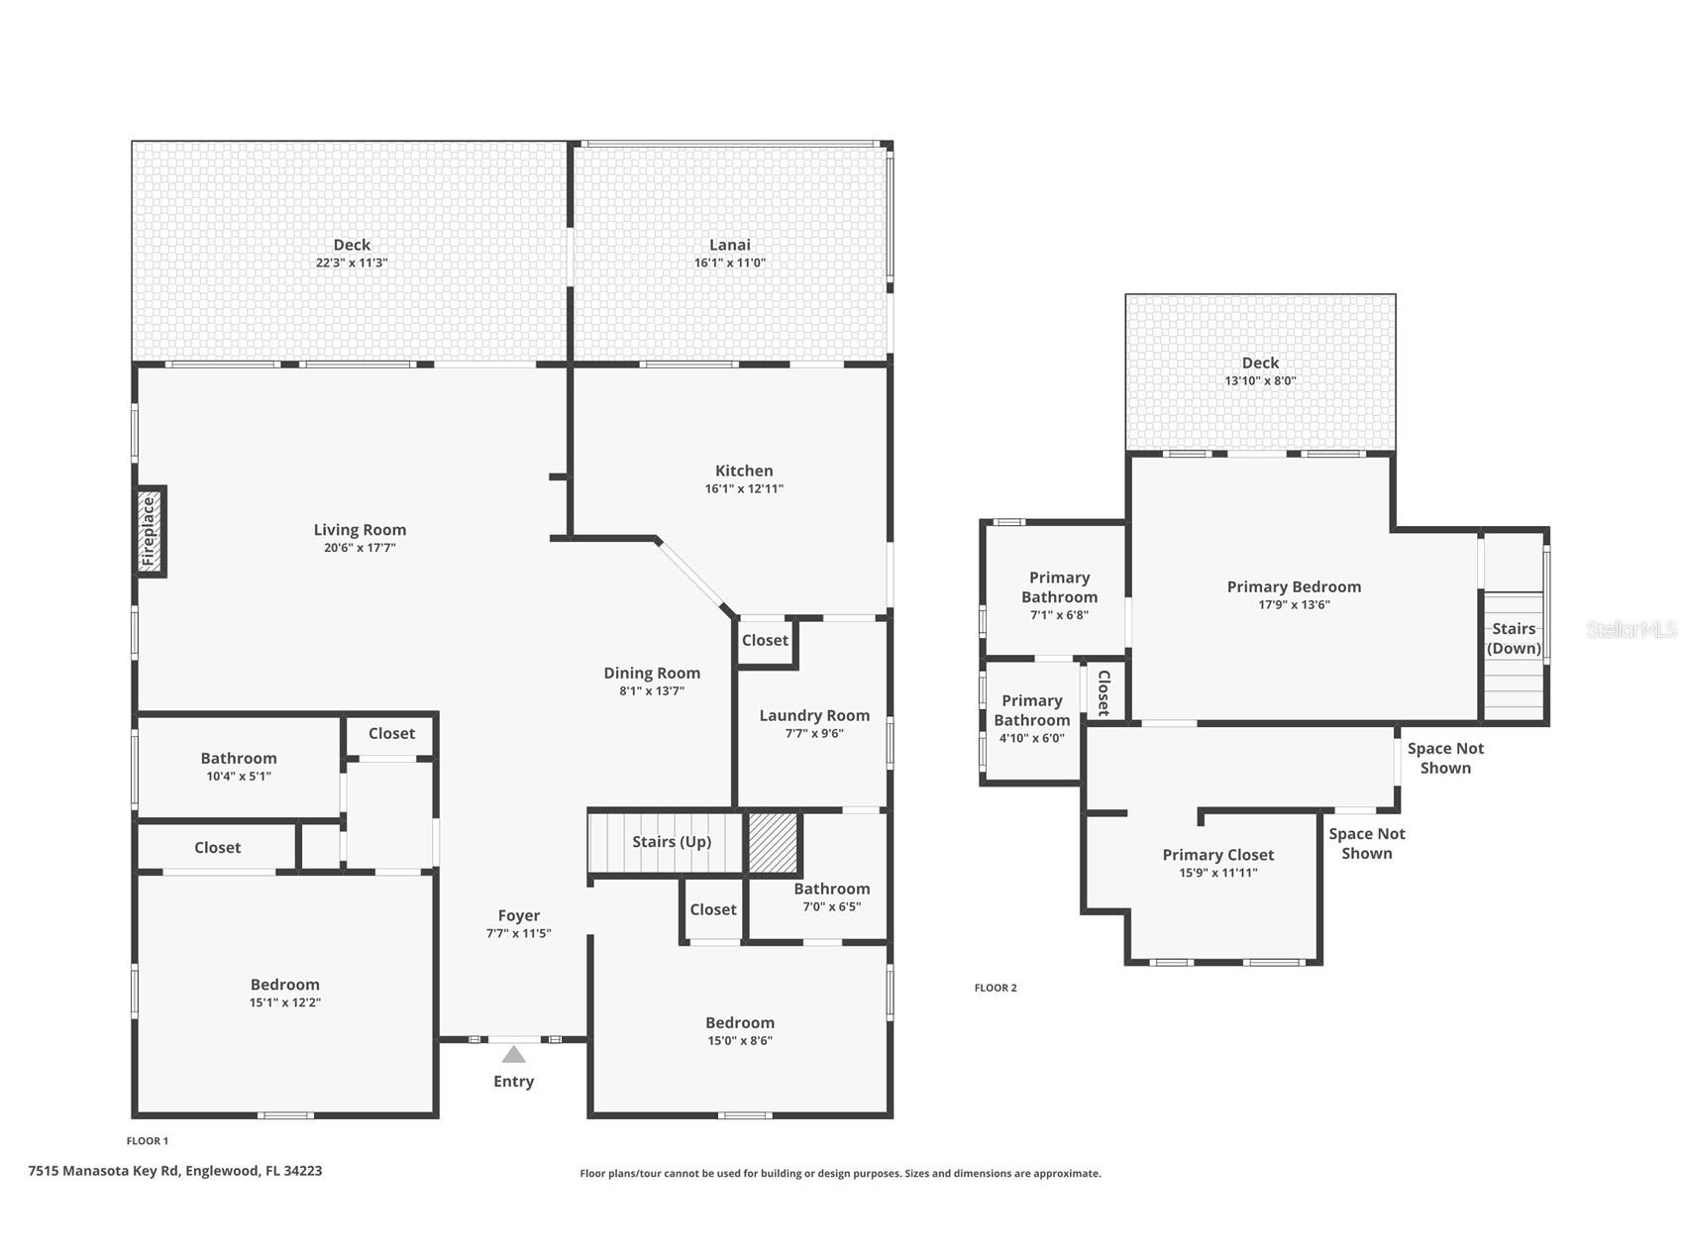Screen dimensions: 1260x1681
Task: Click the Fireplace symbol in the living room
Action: [150, 531]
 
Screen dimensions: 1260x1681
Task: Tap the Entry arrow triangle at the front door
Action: [513, 1055]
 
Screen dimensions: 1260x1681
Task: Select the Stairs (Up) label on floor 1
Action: [672, 842]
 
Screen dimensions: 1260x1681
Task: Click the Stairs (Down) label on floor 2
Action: [1514, 638]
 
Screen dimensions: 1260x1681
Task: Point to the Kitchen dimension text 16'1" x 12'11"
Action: [744, 488]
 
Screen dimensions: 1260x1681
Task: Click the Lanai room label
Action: [730, 245]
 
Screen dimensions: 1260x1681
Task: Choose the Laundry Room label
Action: [814, 715]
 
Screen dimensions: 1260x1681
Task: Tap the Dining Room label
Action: [652, 673]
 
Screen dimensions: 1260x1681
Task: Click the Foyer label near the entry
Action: [519, 915]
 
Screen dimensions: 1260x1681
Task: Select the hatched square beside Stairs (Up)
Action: [772, 843]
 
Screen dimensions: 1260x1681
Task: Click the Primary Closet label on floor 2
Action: [1217, 855]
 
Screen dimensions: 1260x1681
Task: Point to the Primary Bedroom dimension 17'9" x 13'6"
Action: [1294, 604]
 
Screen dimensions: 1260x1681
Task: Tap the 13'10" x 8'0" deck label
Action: [1260, 380]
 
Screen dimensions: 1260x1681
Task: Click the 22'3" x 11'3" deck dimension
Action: [352, 262]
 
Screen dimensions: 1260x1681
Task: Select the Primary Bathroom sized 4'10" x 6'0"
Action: [1031, 710]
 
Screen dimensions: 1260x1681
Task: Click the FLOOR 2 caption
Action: [996, 988]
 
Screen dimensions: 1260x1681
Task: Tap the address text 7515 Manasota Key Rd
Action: [175, 1170]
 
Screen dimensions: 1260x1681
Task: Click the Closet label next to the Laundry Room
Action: [765, 640]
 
